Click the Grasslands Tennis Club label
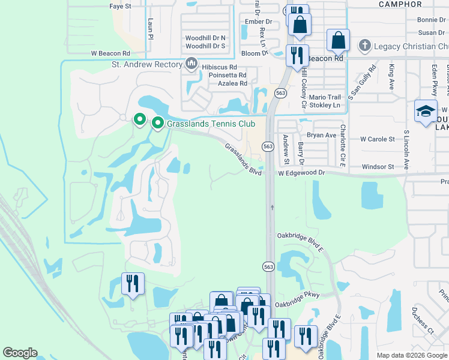pos(212,124)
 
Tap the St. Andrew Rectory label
pos(146,64)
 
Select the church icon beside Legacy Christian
pos(364,46)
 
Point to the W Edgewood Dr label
pos(301,172)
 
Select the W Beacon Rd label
pos(110,54)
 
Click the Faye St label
pos(120,6)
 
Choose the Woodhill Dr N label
pos(205,37)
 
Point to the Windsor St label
pos(378,166)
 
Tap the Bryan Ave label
pos(322,135)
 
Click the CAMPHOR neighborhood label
pos(400,4)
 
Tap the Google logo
pos(20,353)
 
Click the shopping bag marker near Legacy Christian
pos(339,41)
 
